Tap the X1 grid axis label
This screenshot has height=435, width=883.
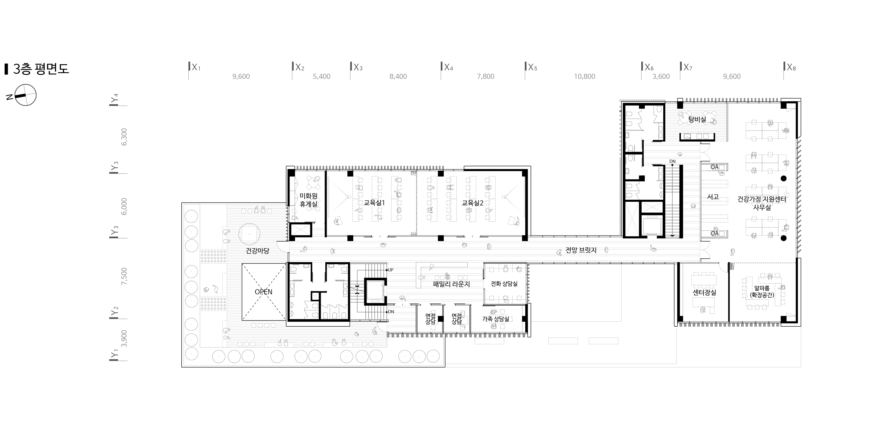(x=196, y=67)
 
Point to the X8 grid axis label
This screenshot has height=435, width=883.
(x=791, y=67)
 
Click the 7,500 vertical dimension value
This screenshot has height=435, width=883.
(x=124, y=276)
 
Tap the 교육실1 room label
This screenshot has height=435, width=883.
(x=374, y=203)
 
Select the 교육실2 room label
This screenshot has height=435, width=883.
(x=472, y=203)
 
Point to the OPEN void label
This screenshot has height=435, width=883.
(x=264, y=292)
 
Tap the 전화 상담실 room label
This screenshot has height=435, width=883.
(x=504, y=284)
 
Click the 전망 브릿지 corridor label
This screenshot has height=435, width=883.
(x=581, y=250)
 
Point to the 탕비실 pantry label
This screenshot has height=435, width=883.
(x=697, y=119)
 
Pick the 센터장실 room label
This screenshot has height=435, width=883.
(x=704, y=293)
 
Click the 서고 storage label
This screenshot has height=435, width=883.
(x=713, y=197)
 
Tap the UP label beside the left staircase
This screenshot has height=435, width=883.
(x=390, y=270)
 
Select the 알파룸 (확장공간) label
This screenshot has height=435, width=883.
(x=762, y=292)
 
